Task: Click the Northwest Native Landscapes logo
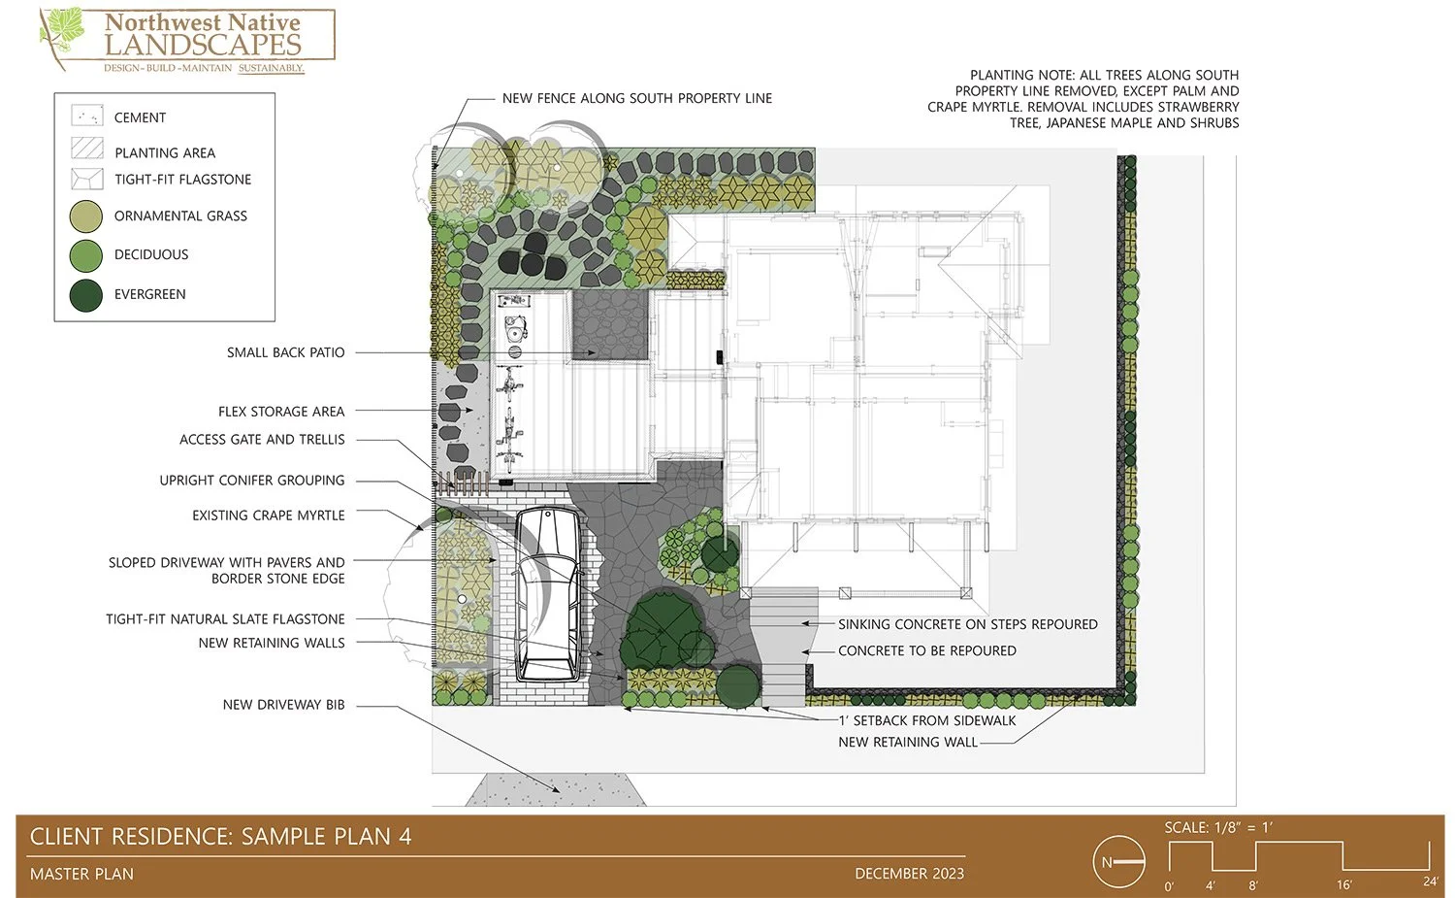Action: [187, 41]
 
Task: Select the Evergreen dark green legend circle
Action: [86, 295]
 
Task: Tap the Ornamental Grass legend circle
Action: [86, 216]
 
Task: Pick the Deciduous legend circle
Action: [86, 255]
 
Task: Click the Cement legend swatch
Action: [87, 117]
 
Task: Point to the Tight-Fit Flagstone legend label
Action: [182, 180]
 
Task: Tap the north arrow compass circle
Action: [1118, 862]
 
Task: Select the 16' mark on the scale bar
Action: [1343, 884]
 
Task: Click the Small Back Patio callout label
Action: [285, 352]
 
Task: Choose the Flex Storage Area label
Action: [281, 412]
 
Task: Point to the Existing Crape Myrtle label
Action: [268, 516]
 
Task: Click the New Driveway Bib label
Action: [283, 705]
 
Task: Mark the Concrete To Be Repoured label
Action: [926, 650]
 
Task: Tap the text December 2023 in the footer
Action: [909, 874]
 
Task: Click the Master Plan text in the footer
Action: [81, 874]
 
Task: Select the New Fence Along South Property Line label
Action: [636, 98]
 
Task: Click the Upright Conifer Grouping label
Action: [252, 481]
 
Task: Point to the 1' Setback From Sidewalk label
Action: [926, 720]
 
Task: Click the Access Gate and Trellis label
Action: [262, 440]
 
